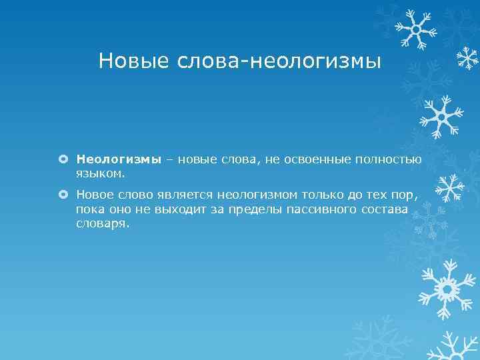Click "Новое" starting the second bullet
pos(95,195)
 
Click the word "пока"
pos(90,210)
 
